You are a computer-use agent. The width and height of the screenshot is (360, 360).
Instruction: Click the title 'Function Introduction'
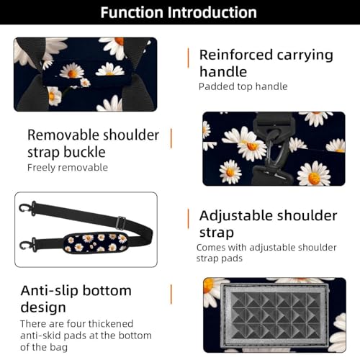click(x=179, y=12)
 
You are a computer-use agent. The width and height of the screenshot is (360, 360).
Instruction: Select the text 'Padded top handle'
click(x=243, y=87)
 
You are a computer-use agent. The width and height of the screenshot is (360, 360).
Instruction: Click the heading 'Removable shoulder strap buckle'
click(x=93, y=143)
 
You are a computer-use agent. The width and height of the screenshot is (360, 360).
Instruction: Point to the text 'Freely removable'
click(x=68, y=168)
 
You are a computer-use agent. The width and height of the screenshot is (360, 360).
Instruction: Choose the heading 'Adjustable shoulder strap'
click(x=267, y=223)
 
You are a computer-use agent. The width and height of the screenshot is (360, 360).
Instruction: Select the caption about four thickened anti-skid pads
click(x=86, y=336)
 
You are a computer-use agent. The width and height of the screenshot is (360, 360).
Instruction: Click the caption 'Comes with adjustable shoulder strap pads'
click(x=266, y=253)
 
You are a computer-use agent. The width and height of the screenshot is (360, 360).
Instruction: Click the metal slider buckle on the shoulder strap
click(x=121, y=221)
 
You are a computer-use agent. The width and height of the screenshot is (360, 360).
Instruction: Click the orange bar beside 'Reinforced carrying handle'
click(x=189, y=57)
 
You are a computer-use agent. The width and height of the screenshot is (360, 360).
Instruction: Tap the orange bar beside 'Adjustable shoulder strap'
click(x=188, y=218)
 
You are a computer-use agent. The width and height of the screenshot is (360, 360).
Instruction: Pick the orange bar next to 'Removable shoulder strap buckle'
click(x=171, y=138)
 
